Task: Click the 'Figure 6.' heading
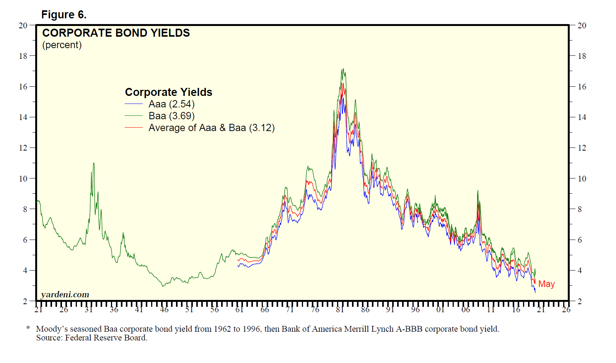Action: point(64,15)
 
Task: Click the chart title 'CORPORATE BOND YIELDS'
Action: point(116,33)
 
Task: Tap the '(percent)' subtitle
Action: point(62,45)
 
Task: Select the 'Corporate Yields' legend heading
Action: point(168,92)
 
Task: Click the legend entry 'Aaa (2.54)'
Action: point(171,104)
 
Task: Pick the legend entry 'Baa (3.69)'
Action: point(171,116)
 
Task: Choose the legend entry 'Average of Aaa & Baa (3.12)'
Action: point(211,128)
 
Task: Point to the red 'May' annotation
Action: point(546,284)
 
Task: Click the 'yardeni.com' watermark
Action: point(65,295)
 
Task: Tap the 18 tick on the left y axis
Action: point(23,56)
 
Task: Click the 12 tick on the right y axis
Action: point(582,148)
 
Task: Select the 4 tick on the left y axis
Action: point(25,271)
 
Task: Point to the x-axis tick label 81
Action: point(340,310)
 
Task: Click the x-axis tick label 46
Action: point(164,310)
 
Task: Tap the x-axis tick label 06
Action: point(466,310)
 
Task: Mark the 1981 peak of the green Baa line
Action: point(343,69)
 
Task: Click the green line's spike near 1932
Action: point(93,164)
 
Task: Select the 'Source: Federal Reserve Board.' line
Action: point(92,338)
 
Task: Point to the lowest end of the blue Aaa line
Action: point(535,292)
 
